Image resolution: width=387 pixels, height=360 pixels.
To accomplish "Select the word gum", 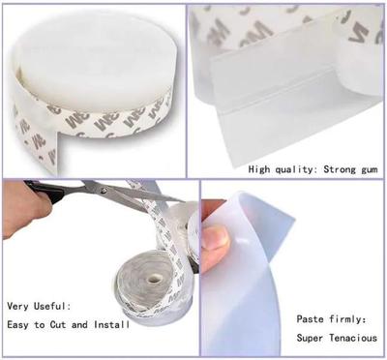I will point(365,169).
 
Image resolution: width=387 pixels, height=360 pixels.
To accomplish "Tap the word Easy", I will point(20,325).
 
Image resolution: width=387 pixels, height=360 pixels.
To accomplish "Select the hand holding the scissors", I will point(21,208).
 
